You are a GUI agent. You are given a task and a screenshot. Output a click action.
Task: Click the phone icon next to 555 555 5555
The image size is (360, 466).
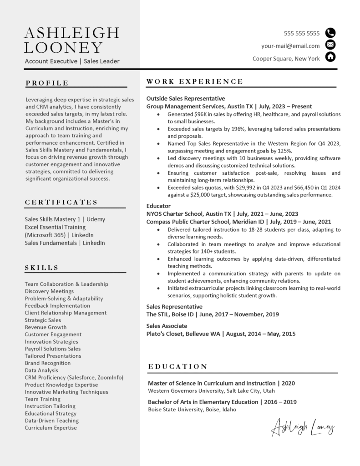[x=331, y=33]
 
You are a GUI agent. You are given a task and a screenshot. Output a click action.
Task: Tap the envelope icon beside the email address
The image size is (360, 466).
[x=331, y=45]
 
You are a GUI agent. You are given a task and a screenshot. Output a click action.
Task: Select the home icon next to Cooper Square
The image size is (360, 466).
[x=331, y=57]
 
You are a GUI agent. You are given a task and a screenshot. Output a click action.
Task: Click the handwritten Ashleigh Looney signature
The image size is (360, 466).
[x=303, y=428]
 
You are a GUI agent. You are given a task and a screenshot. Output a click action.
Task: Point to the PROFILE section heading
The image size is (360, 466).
[x=47, y=83]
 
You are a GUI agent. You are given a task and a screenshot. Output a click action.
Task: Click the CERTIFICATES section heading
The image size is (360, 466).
[x=61, y=202]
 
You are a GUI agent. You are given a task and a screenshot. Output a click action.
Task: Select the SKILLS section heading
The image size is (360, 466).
[x=41, y=268]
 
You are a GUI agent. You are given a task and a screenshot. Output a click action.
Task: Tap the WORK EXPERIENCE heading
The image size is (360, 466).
[x=195, y=81]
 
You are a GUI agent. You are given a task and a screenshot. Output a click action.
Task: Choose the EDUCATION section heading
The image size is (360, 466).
[x=178, y=366]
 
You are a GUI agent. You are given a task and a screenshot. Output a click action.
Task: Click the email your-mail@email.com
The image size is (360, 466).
[x=290, y=46]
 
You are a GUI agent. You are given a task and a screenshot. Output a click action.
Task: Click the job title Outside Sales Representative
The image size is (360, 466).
[x=186, y=98]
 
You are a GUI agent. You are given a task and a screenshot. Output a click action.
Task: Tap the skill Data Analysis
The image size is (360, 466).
[x=41, y=370]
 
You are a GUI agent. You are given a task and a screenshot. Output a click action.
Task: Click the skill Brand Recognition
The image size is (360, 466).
[x=48, y=363]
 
